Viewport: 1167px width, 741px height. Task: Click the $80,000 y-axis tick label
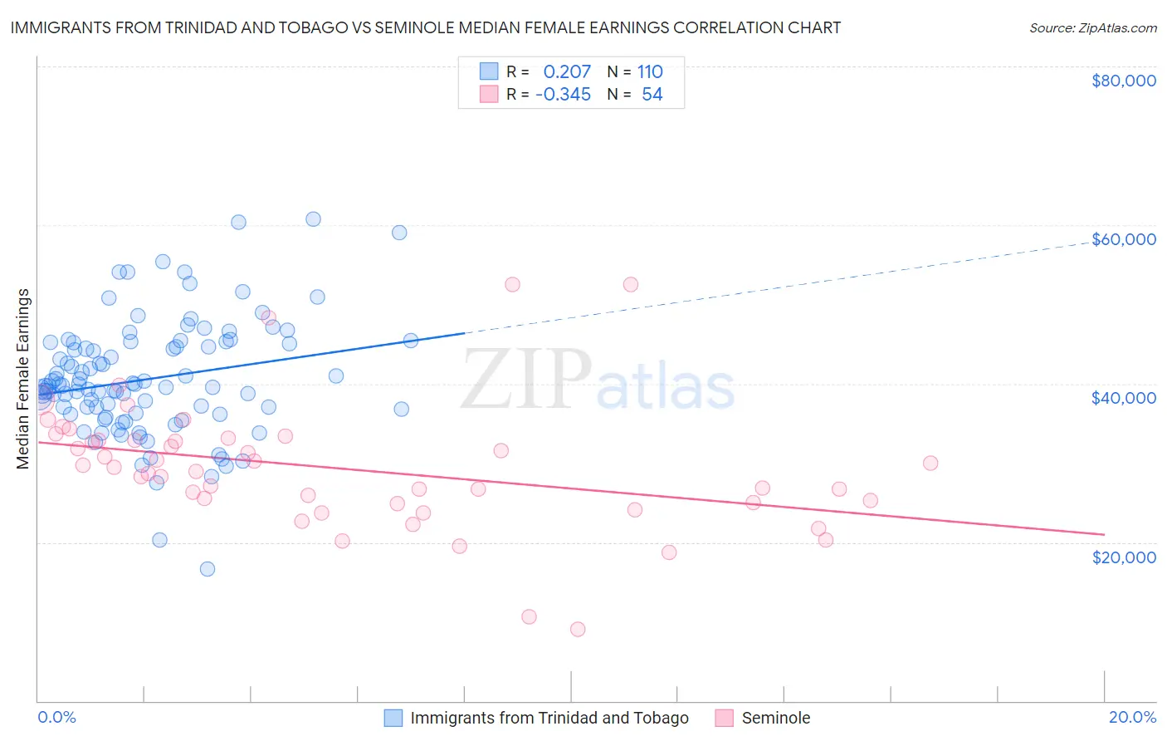[1123, 81]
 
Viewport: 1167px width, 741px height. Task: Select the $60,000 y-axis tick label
[1123, 239]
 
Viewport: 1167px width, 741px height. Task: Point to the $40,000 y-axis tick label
[1123, 398]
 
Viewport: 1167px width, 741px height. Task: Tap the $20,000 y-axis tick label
[1123, 557]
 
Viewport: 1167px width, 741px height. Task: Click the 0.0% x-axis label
[56, 718]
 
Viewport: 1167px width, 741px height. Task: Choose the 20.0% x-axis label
[1132, 718]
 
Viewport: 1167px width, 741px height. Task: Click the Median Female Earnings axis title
[23, 379]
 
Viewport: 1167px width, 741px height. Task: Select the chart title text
[426, 27]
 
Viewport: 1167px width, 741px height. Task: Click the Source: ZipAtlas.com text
[1092, 27]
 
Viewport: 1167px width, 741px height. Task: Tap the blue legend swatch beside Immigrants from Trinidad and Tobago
[393, 718]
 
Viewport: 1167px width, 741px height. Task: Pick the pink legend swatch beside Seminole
[724, 718]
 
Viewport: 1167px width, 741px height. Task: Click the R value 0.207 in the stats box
[567, 71]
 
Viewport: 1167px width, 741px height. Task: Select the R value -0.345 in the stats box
[563, 95]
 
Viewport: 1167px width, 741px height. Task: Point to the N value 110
[650, 71]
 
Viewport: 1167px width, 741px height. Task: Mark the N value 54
[652, 95]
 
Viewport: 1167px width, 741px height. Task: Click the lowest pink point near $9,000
[578, 629]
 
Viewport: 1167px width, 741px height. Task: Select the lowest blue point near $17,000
[208, 569]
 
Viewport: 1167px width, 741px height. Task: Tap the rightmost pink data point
[930, 463]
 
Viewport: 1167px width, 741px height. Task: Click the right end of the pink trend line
[1104, 534]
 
